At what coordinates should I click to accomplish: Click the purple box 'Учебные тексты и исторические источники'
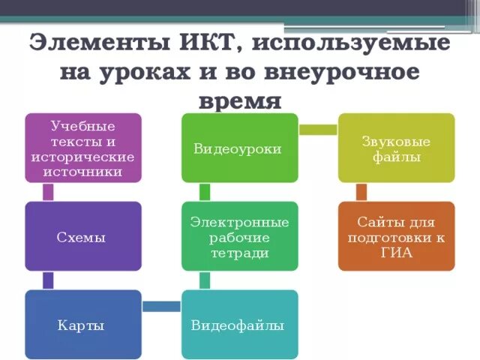coord(83,148)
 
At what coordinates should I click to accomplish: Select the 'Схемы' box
coord(83,236)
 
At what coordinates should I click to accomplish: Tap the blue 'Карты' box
coord(83,325)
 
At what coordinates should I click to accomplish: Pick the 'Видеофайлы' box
coord(239,325)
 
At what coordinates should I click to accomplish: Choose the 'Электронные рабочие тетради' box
coord(239,236)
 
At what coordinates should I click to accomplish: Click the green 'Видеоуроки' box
coord(239,148)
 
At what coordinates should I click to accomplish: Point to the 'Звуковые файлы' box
coord(396,148)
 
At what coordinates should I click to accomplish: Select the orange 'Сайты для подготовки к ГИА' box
coord(396,236)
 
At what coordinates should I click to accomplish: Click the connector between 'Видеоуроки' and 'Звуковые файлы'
coord(318,130)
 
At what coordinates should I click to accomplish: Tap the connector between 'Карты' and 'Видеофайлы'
coord(161,306)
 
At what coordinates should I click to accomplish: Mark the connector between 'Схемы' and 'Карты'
coord(49,280)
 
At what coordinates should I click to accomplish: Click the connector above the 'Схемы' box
coord(49,192)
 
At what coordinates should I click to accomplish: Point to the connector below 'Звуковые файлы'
coord(361,192)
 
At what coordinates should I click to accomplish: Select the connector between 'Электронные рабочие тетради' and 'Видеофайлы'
coord(205,280)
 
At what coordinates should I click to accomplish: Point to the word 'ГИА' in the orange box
coord(396,253)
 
